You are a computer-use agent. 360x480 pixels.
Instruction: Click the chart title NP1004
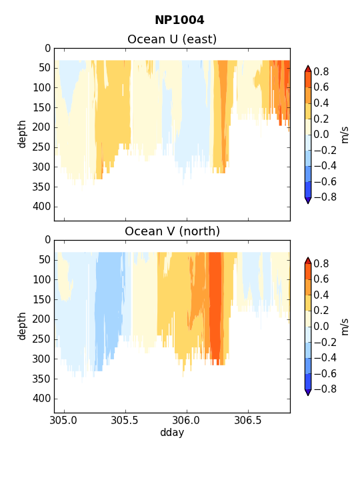tap(179, 20)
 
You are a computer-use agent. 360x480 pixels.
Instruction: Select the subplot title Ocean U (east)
tap(172, 39)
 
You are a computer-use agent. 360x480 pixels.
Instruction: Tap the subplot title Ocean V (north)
tap(173, 231)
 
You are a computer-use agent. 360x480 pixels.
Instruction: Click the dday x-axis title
tap(172, 433)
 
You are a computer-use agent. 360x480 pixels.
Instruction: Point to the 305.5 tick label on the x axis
tap(125, 420)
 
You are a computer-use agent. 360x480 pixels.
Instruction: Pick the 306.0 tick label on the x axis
tap(187, 420)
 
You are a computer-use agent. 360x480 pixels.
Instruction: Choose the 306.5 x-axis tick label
tap(248, 420)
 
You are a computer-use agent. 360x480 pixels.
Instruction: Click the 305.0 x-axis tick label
tap(64, 420)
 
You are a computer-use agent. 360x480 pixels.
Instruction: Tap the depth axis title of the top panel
tap(22, 135)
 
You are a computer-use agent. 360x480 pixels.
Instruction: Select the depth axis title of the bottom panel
tap(22, 326)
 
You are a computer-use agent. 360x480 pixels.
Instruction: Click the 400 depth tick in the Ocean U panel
tap(41, 207)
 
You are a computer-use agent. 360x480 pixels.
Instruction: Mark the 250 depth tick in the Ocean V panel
tap(41, 339)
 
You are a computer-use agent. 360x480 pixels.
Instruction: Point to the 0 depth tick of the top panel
tap(48, 49)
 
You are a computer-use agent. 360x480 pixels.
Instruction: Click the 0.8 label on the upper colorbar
tap(321, 71)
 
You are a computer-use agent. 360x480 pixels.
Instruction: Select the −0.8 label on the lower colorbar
tap(325, 389)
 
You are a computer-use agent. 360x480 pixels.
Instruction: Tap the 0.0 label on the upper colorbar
tap(321, 135)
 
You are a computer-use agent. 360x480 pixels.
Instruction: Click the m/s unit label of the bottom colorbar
tap(345, 327)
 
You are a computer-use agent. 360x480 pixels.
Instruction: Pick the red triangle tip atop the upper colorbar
tap(308, 66)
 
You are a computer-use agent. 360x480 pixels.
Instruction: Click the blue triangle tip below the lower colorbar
tap(308, 395)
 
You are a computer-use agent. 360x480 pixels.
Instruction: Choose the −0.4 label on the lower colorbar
tap(325, 357)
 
